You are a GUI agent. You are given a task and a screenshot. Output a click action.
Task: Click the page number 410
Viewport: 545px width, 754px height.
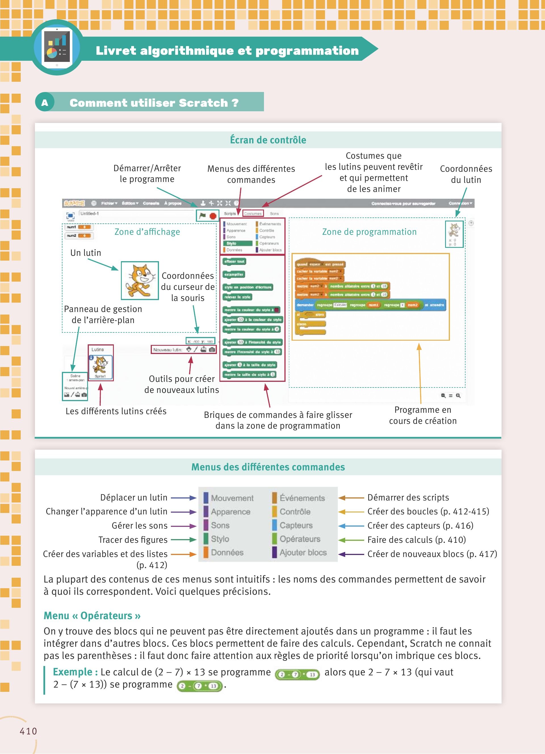pyautogui.click(x=28, y=731)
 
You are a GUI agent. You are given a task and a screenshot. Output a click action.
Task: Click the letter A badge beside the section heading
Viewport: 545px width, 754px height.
pyautogui.click(x=45, y=103)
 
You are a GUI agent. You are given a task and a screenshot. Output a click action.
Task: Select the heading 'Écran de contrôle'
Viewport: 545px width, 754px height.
pyautogui.click(x=268, y=140)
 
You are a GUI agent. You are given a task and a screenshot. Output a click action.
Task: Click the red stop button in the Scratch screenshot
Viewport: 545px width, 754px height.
pyautogui.click(x=213, y=216)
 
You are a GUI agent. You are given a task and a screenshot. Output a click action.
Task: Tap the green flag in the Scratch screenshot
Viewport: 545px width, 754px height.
pyautogui.click(x=202, y=216)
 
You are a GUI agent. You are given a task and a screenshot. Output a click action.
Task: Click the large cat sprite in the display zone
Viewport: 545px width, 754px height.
pyautogui.click(x=140, y=280)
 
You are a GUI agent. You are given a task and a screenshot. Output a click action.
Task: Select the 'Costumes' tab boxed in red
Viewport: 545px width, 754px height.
pyautogui.click(x=253, y=213)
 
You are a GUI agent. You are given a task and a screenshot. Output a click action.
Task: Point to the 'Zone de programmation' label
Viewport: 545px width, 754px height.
pyautogui.click(x=369, y=232)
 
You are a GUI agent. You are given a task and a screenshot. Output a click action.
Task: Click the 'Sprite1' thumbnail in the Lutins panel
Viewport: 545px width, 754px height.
pyautogui.click(x=100, y=367)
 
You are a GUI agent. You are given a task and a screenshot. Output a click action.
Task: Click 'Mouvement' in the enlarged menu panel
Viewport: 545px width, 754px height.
pyautogui.click(x=232, y=498)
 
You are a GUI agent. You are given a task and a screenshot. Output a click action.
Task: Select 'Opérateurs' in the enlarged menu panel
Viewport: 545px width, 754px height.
pyautogui.click(x=300, y=539)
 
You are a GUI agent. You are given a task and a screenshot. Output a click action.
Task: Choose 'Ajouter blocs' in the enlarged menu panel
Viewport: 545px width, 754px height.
pyautogui.click(x=303, y=552)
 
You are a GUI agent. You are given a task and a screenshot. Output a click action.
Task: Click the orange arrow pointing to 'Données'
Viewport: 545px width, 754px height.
pyautogui.click(x=183, y=554)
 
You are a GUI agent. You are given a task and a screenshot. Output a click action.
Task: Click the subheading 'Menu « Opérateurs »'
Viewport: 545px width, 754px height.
pyautogui.click(x=92, y=616)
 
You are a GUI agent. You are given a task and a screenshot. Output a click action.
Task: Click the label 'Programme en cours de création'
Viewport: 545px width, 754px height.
pyautogui.click(x=423, y=415)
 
